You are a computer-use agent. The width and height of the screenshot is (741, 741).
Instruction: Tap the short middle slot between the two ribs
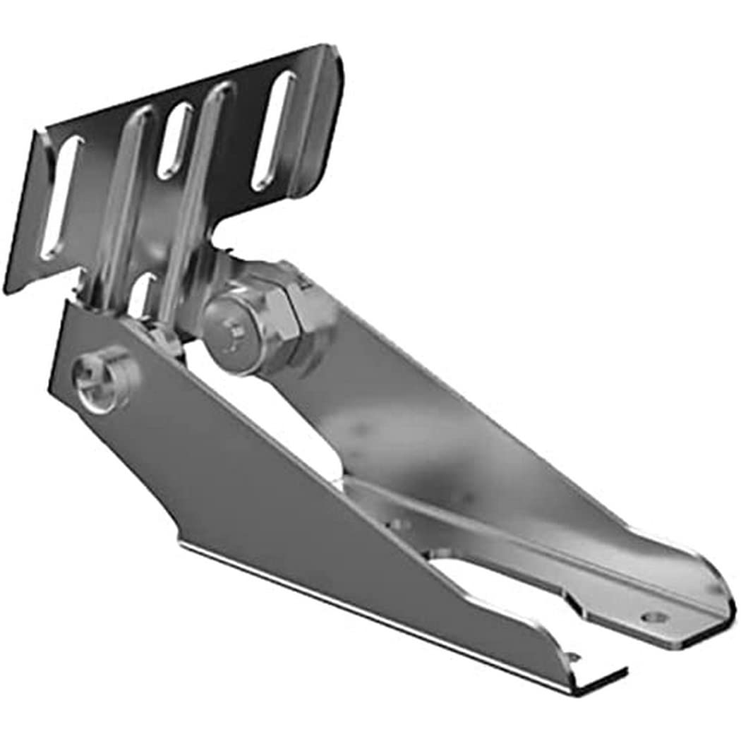pos(174,141)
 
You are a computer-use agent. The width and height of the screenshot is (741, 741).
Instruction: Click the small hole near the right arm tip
pos(655,617)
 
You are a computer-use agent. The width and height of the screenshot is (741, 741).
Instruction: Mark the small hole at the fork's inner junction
pos(401,524)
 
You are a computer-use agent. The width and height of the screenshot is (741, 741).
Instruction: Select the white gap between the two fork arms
pos(494,586)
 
